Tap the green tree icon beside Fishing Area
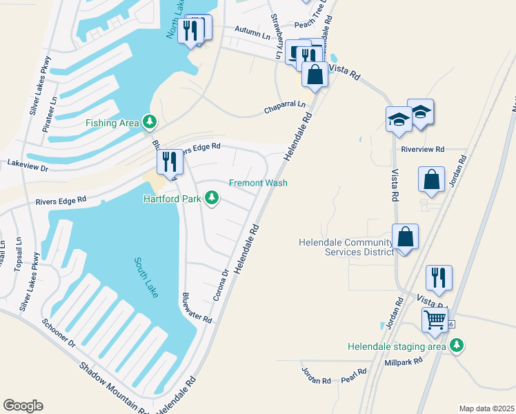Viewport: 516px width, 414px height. point(149,123)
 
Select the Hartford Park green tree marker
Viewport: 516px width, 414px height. point(212,199)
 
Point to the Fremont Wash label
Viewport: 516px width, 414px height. point(258,183)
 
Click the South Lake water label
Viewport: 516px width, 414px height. point(147,277)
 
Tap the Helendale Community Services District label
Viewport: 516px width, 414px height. point(346,247)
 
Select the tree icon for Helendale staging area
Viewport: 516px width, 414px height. point(455,346)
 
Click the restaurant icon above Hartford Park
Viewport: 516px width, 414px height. point(170,161)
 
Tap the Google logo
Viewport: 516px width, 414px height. point(23,405)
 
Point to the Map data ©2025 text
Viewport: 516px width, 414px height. point(486,408)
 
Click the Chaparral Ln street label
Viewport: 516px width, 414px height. point(285,108)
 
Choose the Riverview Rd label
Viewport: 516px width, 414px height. point(423,148)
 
